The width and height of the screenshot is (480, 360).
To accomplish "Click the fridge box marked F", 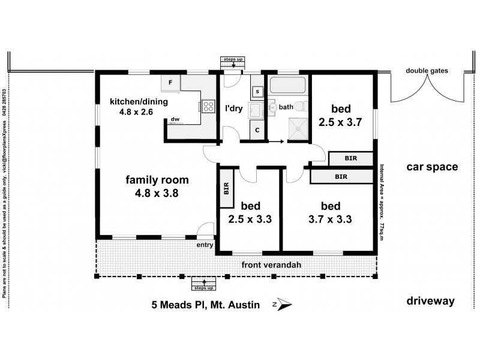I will (x=170, y=82).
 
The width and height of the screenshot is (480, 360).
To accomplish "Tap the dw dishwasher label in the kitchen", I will (x=175, y=119).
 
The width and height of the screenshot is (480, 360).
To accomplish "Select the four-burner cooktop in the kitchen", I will (x=208, y=106).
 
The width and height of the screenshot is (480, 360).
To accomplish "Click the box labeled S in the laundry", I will (x=257, y=91).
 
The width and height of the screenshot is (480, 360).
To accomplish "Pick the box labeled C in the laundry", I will (x=257, y=130).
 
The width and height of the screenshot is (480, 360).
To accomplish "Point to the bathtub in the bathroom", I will (x=287, y=85).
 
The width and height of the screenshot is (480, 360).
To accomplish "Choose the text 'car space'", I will (x=432, y=167).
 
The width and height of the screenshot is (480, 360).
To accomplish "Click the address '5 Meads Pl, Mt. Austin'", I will (x=205, y=305).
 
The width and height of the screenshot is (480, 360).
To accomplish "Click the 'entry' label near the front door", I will (x=205, y=244).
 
